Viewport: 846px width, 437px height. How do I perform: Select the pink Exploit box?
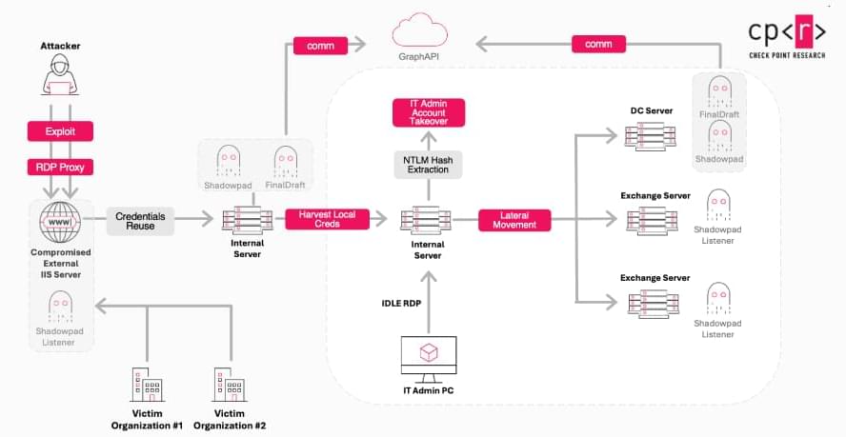click(60, 130)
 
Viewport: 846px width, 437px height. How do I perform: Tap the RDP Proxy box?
click(60, 168)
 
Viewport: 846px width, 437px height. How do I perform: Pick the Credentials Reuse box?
click(141, 221)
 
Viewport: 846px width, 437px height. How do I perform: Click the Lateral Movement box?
click(514, 220)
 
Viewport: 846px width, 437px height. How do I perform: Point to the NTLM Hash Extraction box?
click(427, 163)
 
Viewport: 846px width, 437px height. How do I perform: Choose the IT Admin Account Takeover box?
click(427, 112)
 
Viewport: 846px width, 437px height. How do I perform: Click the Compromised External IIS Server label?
click(60, 263)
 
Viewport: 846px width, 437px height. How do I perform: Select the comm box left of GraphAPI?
click(312, 44)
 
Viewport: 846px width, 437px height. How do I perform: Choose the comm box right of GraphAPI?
click(598, 44)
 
